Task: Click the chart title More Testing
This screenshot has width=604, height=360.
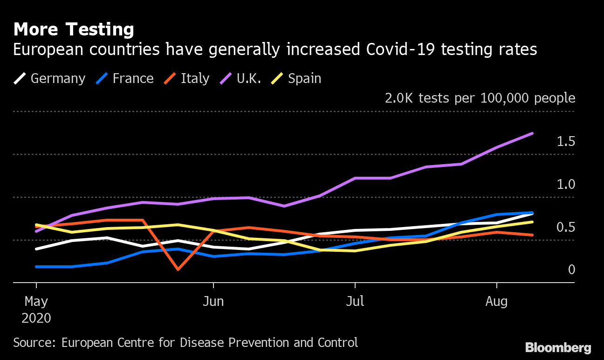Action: pyautogui.click(x=74, y=30)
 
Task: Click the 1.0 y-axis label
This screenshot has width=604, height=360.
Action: pyautogui.click(x=566, y=185)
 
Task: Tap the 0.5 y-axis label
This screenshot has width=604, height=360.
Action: pyautogui.click(x=566, y=228)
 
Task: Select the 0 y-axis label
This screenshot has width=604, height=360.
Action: pyautogui.click(x=571, y=270)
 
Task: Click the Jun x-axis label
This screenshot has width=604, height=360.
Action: pyautogui.click(x=213, y=302)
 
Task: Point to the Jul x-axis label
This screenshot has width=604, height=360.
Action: pyautogui.click(x=355, y=302)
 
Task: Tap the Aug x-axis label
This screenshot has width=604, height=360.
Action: pyautogui.click(x=496, y=302)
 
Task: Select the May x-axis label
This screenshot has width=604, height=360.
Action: pyautogui.click(x=36, y=302)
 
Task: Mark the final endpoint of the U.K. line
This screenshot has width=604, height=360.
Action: pyautogui.click(x=532, y=133)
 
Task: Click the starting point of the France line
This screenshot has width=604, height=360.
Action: pyautogui.click(x=36, y=267)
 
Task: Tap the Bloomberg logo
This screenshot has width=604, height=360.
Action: pyautogui.click(x=558, y=347)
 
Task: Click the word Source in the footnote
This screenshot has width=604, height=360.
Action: pyautogui.click(x=34, y=343)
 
